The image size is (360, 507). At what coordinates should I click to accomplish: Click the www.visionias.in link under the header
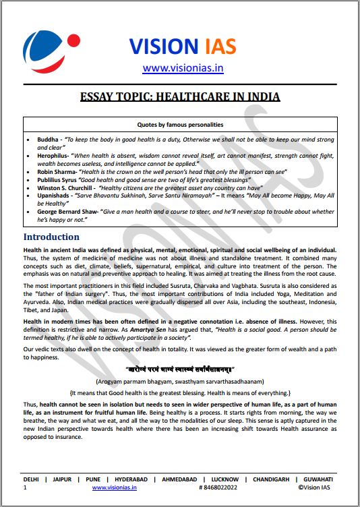click(183, 67)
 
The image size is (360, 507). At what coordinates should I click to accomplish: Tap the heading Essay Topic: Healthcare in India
click(180, 96)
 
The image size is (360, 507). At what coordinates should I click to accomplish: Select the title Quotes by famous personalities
click(180, 124)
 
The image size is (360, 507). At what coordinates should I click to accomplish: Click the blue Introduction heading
click(51, 237)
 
